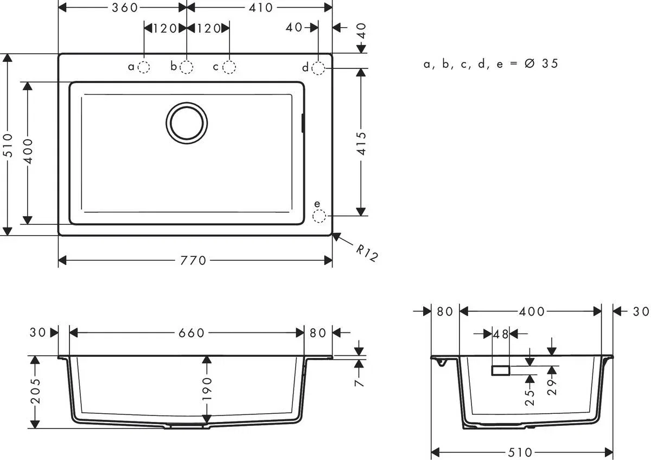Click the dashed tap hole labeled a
pos(144,67)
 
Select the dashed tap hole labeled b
pos(186,67)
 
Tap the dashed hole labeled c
pos(229,67)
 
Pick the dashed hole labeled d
pos(318,67)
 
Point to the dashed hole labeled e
pos(319,216)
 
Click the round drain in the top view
pos(187,123)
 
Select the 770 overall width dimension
pos(194,261)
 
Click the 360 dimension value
pos(124,7)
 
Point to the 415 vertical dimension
pos(362,143)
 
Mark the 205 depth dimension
pos(35,392)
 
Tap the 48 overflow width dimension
pos(501,335)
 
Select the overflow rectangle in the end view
pos(500,370)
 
